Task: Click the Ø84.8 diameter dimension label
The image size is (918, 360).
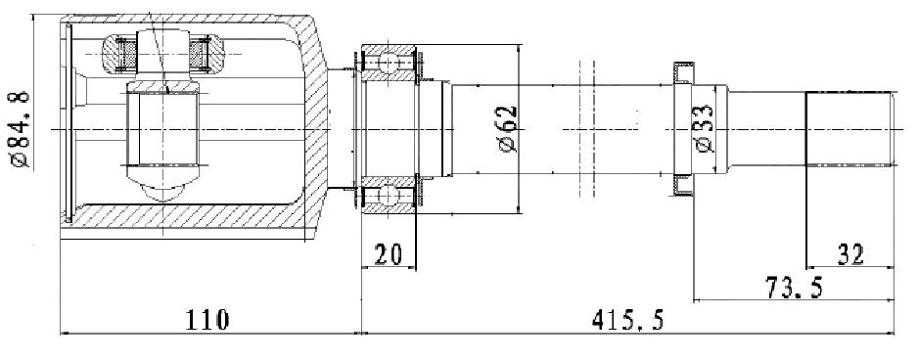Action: [20, 128]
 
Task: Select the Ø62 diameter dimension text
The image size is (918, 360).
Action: [508, 129]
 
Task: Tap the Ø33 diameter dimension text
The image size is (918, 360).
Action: [705, 129]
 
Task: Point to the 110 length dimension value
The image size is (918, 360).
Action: [207, 320]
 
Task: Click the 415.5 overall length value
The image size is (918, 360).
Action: [627, 320]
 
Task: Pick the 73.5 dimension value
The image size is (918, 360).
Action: [795, 288]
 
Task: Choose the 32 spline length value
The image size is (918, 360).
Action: [850, 254]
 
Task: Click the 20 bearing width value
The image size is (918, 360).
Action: [389, 254]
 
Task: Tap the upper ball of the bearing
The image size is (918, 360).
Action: [389, 62]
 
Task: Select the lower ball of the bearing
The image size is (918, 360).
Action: [389, 194]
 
